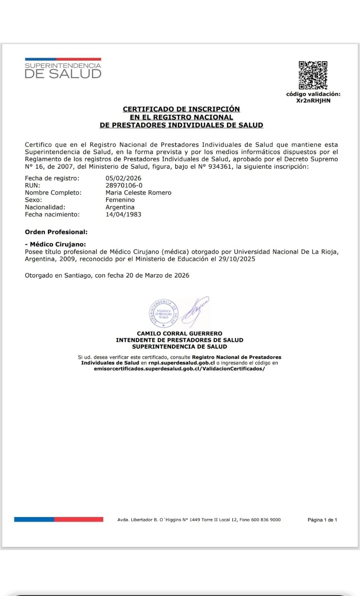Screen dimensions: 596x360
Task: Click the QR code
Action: pos(313,75)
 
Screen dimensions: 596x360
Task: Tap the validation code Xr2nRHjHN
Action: pos(313,101)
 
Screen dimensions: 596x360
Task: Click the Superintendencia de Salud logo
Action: pos(63,69)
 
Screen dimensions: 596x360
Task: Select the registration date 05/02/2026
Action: pos(123,178)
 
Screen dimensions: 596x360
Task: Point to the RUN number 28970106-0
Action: pos(124,185)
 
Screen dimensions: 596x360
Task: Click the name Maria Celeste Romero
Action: pos(138,193)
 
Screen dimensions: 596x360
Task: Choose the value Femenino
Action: pos(120,200)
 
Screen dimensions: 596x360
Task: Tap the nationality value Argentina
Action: pos(120,207)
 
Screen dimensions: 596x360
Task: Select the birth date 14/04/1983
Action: pos(123,214)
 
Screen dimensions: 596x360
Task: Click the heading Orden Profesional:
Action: pos(56,232)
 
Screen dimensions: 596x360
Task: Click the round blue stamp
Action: pos(164,313)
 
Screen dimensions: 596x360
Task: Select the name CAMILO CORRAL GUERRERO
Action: pos(180,333)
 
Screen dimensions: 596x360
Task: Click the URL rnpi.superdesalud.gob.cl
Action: pos(181,363)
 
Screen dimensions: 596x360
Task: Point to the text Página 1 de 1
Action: pos(322,520)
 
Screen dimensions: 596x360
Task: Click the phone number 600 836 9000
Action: pos(266,520)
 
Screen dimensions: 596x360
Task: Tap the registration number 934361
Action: pos(220,167)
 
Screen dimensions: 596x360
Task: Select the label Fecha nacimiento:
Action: pos(52,214)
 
